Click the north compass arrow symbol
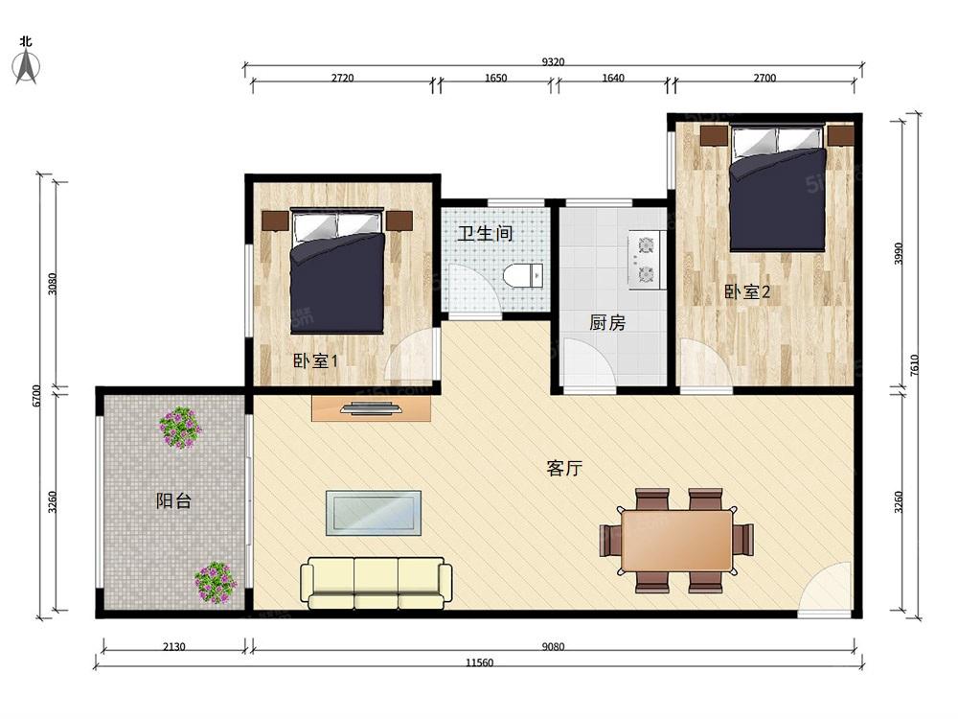pos(27,65)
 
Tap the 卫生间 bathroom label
pos(484,233)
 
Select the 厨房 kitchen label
pos(607,323)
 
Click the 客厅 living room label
pos(564,469)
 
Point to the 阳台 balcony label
pos(173,499)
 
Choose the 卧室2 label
pos(747,291)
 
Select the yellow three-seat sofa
pos(376,583)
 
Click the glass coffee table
pos(374,512)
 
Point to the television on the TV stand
pos(372,408)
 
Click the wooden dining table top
pos(676,540)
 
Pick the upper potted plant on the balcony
pos(179,428)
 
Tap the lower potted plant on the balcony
pos(216,582)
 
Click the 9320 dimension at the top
pos(553,62)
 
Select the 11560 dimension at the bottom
pos(479,662)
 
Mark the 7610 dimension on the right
pos(914,364)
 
